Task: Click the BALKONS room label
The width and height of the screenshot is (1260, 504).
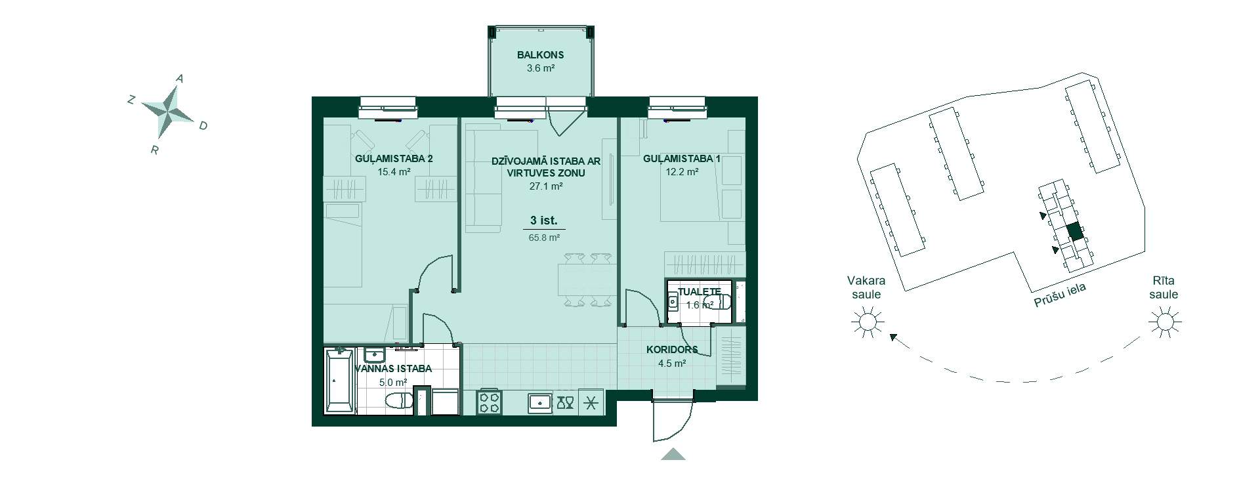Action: [x=540, y=55]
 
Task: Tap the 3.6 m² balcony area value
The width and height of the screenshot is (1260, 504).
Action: [x=540, y=68]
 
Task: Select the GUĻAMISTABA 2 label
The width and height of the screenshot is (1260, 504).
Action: [x=394, y=159]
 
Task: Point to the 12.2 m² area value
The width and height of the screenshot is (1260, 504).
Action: [x=683, y=172]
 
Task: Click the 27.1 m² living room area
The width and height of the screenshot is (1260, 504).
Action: [x=545, y=186]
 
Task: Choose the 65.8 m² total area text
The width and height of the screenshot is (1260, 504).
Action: [x=544, y=238]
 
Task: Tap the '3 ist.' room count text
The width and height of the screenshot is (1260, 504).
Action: [x=543, y=221]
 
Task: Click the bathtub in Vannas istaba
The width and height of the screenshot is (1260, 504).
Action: [x=341, y=381]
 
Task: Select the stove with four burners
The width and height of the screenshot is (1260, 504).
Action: [x=489, y=401]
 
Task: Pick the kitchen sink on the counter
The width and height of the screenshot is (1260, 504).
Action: [x=540, y=402]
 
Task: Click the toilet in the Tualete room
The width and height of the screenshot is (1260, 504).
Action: [x=722, y=302]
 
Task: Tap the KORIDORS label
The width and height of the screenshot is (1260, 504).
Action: [x=672, y=350]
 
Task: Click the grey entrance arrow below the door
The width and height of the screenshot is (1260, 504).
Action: [x=673, y=454]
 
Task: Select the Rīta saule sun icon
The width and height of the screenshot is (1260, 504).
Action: [x=1165, y=322]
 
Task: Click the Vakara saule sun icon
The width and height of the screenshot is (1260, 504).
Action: [x=868, y=322]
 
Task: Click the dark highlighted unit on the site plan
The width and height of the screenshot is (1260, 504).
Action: [x=1074, y=232]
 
